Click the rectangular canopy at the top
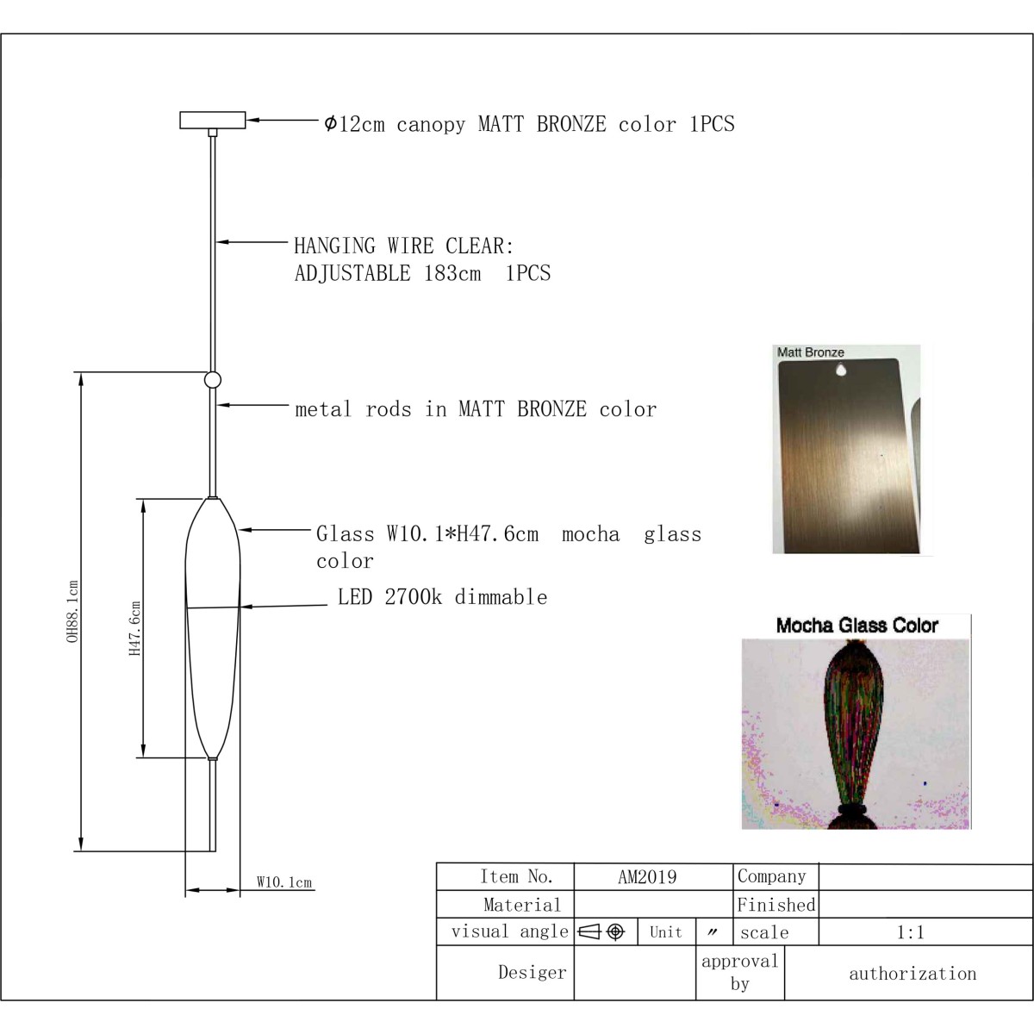(x=213, y=120)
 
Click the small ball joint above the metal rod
(x=213, y=379)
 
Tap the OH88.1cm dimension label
(x=72, y=611)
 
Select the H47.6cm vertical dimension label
(x=134, y=628)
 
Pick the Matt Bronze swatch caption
(x=810, y=352)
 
